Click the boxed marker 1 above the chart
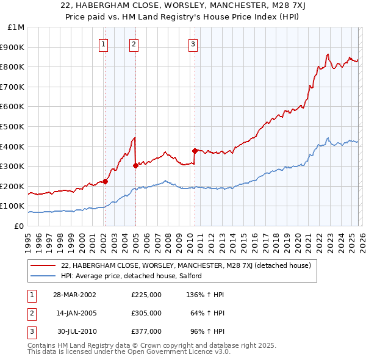pos(104,44)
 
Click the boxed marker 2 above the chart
pos(134,44)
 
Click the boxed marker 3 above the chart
pos(193,44)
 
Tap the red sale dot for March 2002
pos(105,181)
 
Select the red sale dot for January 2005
pos(135,165)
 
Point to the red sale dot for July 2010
pos(195,151)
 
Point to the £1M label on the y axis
pos(16,27)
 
